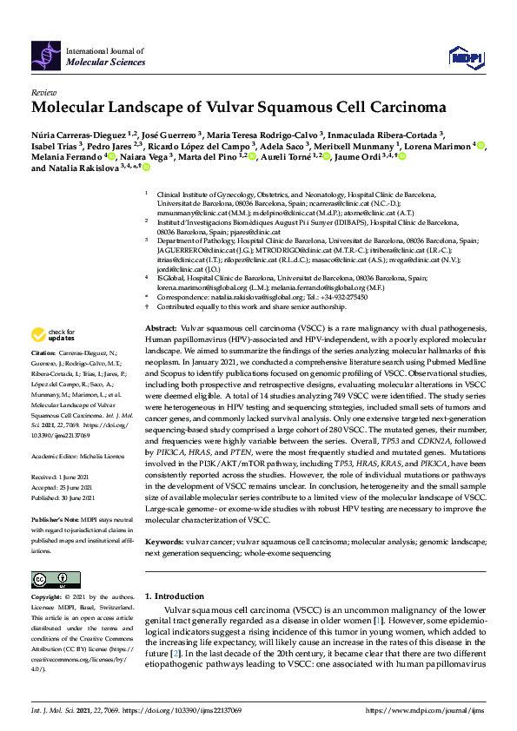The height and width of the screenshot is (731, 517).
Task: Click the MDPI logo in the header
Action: [x=466, y=53]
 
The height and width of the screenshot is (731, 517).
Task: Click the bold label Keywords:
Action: [x=164, y=541]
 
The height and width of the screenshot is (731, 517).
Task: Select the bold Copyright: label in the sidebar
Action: [x=47, y=597]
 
